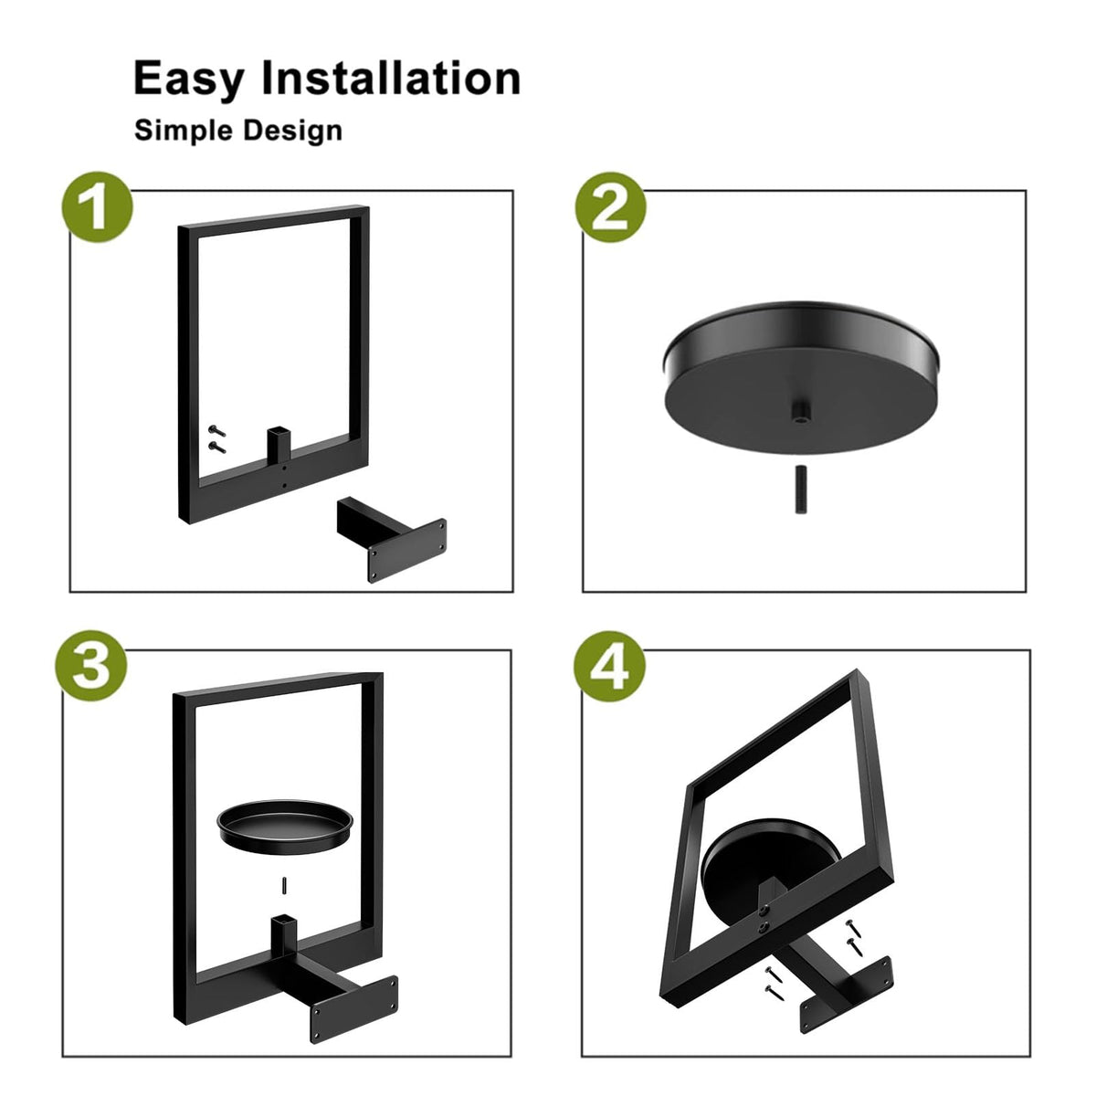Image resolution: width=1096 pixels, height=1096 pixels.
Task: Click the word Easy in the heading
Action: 189,79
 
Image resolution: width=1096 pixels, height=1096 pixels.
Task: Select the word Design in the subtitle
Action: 293,132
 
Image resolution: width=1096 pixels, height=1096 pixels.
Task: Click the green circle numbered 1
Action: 97,207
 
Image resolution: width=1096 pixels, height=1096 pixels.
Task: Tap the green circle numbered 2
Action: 610,207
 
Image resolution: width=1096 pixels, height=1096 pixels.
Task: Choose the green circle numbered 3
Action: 91,666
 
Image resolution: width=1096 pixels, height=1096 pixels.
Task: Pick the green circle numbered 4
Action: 609,666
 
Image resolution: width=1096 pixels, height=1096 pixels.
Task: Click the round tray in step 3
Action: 284,827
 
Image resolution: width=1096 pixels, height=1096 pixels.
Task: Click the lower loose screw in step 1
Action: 216,448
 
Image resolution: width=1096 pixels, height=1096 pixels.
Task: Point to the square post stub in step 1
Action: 279,445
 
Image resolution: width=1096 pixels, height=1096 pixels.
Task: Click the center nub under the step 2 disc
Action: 800,412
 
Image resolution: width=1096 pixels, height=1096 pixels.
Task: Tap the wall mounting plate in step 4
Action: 847,986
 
